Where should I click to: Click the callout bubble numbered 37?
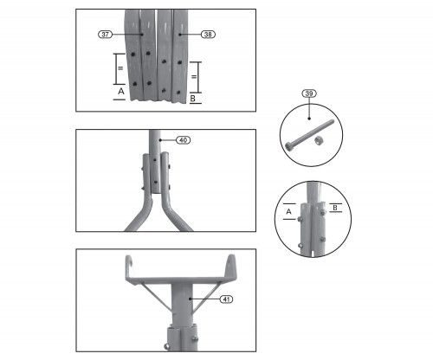coord(105,35)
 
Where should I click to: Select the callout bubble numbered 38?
coord(208,35)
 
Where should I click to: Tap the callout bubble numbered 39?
coord(309,93)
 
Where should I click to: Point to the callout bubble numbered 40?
coord(184,140)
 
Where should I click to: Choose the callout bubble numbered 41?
coord(226,299)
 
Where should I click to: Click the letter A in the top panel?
coord(121,91)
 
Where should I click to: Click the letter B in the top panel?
coord(193,99)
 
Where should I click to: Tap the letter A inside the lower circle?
coord(288,211)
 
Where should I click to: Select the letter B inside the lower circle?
coord(335,208)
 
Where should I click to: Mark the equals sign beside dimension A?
coord(120,68)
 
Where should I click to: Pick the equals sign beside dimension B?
coord(194,77)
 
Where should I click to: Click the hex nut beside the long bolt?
coord(318,141)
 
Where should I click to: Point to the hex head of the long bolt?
coord(288,146)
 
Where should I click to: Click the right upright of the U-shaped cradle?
coord(232,266)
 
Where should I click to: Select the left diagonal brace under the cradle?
coord(155,298)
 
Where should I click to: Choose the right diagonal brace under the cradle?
coord(206,298)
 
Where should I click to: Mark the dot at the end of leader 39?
coord(309,119)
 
